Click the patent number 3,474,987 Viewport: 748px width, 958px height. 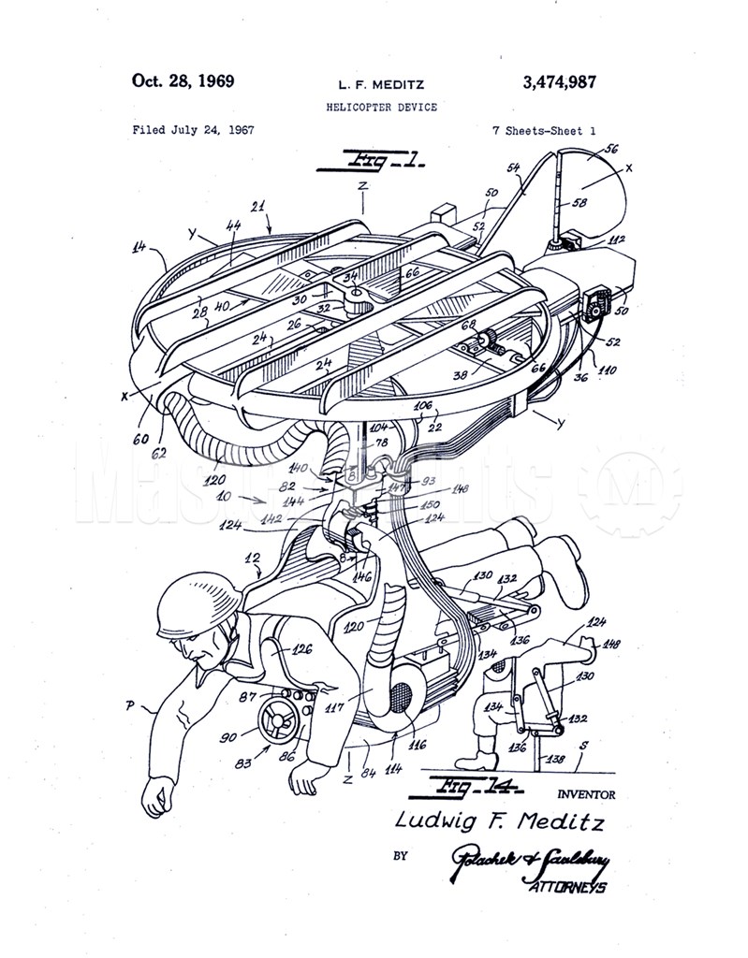(x=558, y=82)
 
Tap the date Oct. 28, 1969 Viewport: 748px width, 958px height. (x=183, y=80)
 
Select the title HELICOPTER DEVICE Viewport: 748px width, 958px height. (x=381, y=108)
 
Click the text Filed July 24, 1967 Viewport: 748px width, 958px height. (x=193, y=130)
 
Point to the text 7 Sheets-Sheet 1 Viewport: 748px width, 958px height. (x=544, y=130)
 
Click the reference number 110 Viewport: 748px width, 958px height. (x=608, y=370)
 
